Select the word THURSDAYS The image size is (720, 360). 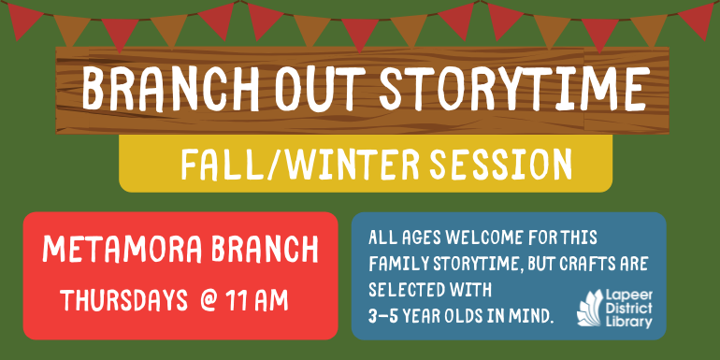122,301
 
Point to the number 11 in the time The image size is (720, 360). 239,301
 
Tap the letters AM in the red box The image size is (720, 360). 272,301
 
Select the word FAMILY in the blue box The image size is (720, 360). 396,264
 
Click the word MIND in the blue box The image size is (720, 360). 533,317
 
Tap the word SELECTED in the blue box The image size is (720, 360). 403,291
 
